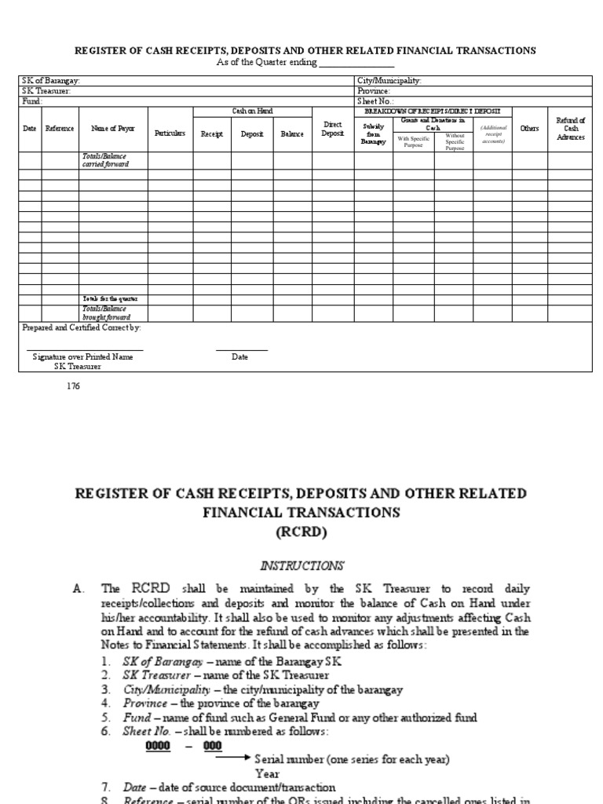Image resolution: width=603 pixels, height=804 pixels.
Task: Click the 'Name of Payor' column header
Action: tap(113, 128)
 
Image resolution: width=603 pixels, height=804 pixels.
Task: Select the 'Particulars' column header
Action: tap(170, 133)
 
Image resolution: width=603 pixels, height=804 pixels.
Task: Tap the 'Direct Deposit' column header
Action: tap(332, 129)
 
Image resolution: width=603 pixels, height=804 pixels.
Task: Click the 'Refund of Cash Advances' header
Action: tap(570, 128)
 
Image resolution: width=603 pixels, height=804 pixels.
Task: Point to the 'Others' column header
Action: tap(529, 128)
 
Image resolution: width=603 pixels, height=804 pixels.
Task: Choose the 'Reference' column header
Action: tap(60, 128)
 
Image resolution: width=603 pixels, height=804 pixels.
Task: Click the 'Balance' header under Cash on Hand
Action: tap(292, 134)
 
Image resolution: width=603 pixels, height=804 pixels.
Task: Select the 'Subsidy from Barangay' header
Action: tap(374, 133)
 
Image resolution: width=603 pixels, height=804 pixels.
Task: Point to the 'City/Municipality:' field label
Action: tap(389, 81)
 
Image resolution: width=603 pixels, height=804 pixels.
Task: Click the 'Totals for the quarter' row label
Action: tap(111, 299)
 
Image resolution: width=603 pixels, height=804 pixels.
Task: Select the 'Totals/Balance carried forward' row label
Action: tap(105, 160)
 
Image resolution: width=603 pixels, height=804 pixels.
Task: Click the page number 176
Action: tap(75, 386)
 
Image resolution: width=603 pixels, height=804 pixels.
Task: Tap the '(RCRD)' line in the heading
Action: tap(301, 532)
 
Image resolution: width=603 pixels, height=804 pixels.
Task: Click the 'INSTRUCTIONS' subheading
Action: tap(301, 565)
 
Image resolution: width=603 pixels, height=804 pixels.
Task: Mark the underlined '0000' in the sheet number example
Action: tap(158, 746)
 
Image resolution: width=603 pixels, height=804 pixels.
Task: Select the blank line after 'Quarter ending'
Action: tap(356, 63)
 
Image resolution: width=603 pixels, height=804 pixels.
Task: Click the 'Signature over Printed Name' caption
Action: tap(82, 356)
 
